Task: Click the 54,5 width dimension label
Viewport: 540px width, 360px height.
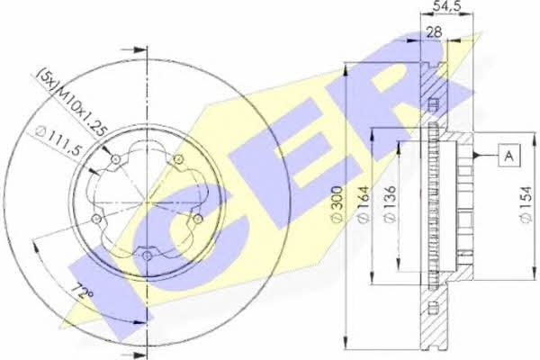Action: (446, 6)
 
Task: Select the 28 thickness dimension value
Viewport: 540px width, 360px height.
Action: (435, 32)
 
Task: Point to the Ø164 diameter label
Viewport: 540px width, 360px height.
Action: (364, 204)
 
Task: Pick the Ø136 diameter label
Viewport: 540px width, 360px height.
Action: (390, 204)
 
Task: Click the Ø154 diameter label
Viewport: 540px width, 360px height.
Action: (526, 205)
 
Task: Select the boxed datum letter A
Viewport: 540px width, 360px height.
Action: (509, 156)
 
